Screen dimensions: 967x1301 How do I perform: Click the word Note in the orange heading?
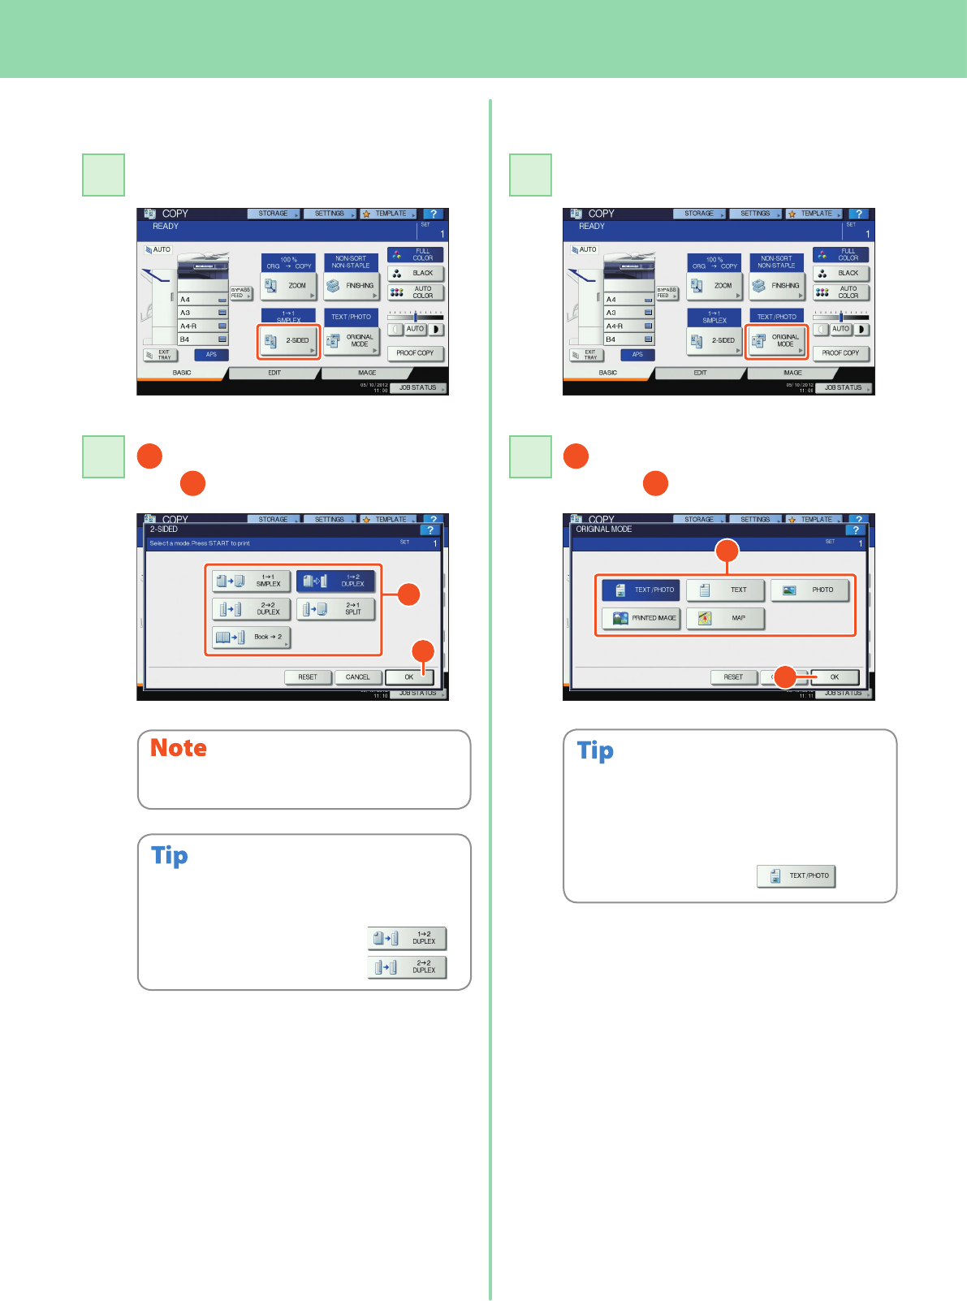tap(179, 748)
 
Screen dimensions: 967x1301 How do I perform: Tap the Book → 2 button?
tap(251, 638)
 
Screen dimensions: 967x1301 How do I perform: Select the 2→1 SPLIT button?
tap(335, 609)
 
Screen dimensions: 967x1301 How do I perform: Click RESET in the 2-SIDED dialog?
tap(308, 677)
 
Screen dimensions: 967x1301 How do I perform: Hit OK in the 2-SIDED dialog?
tap(409, 677)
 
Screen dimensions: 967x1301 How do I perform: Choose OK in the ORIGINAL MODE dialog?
tap(834, 677)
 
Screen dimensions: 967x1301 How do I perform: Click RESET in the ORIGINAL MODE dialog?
tap(733, 677)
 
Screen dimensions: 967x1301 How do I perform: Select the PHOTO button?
tap(809, 590)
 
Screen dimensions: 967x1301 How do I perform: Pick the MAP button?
tap(725, 618)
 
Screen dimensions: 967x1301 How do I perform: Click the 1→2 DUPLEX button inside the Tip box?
tap(407, 939)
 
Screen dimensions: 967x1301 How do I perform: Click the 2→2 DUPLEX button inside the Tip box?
tap(407, 967)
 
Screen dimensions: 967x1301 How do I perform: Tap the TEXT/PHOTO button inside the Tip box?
tap(796, 876)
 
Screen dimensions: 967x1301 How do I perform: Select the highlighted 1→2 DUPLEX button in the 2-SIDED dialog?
tap(335, 581)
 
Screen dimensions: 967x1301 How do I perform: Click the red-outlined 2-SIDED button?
tap(289, 341)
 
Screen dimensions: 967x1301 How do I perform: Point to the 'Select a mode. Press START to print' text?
tap(200, 543)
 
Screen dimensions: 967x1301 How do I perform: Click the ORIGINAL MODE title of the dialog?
tap(604, 529)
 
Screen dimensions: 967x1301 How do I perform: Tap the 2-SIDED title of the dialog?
tap(164, 529)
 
